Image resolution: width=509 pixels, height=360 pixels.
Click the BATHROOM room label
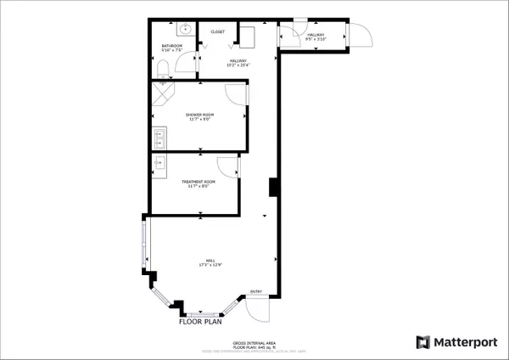[x=172, y=45]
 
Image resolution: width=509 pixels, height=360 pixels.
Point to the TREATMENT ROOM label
[x=198, y=182]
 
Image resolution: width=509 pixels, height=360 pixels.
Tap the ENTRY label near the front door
[x=255, y=293]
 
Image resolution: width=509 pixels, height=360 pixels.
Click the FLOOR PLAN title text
[x=200, y=323]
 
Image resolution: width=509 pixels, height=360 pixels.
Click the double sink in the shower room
[x=160, y=135]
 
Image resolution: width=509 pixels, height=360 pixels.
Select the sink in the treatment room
[x=160, y=164]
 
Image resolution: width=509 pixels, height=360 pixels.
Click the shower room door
[x=237, y=94]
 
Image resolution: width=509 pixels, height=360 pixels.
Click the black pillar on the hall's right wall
[x=271, y=187]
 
